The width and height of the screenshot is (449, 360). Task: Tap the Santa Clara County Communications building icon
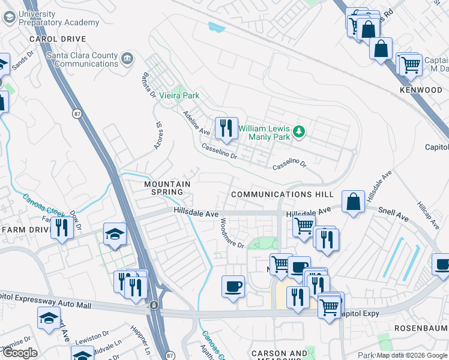(x=127, y=58)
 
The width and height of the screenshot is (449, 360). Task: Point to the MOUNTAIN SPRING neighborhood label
(x=167, y=188)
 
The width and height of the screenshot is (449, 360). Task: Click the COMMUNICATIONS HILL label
(x=282, y=194)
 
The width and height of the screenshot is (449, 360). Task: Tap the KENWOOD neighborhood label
(x=421, y=90)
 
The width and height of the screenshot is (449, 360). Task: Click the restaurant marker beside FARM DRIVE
(x=62, y=228)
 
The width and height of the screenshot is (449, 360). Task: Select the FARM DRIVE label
(x=25, y=230)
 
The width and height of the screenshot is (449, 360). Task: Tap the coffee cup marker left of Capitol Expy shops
(x=233, y=286)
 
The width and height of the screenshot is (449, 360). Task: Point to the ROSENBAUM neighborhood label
(x=421, y=328)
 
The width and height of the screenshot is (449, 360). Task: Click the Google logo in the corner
(x=20, y=353)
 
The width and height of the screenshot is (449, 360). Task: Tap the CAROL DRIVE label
(x=55, y=39)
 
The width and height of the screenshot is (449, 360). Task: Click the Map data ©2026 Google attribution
(x=411, y=355)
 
